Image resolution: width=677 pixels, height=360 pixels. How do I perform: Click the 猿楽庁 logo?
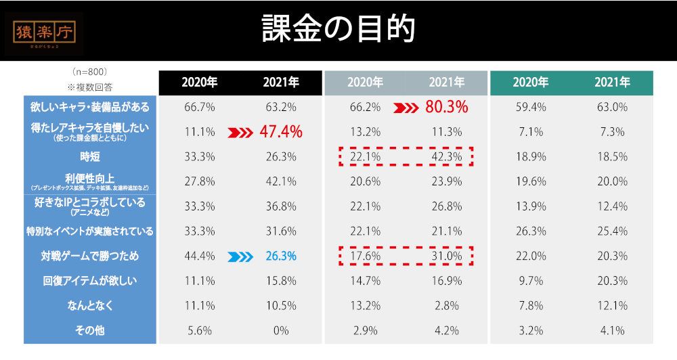pos(45,32)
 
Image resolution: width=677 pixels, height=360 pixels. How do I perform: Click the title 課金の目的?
pos(338,29)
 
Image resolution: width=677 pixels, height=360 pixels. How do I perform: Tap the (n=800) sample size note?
pos(90,71)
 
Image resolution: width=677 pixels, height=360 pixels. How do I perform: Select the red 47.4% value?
pos(281,132)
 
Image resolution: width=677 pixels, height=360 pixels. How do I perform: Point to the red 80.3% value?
pos(447,107)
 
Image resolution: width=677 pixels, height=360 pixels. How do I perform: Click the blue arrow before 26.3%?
pos(241,256)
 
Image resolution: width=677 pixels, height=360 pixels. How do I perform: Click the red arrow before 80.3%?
pos(406,107)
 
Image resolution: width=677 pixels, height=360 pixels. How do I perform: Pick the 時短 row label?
pos(90,157)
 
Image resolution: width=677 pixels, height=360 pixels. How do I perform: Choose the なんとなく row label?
pos(90,306)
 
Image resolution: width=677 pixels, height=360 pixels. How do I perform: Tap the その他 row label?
pos(90,331)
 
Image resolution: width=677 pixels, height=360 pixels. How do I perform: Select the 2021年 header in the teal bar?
pos(612,83)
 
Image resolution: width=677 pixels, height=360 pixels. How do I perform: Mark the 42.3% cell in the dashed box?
pos(447,157)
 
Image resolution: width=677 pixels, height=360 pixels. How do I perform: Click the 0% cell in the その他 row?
pos(281,331)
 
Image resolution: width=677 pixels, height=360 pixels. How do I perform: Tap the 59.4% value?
pos(530,107)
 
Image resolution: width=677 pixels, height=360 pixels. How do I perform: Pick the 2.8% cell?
pos(447,306)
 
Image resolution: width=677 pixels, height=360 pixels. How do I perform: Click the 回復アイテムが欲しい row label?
pos(90,281)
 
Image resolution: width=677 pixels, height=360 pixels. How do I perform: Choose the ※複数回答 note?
pos(90,87)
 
